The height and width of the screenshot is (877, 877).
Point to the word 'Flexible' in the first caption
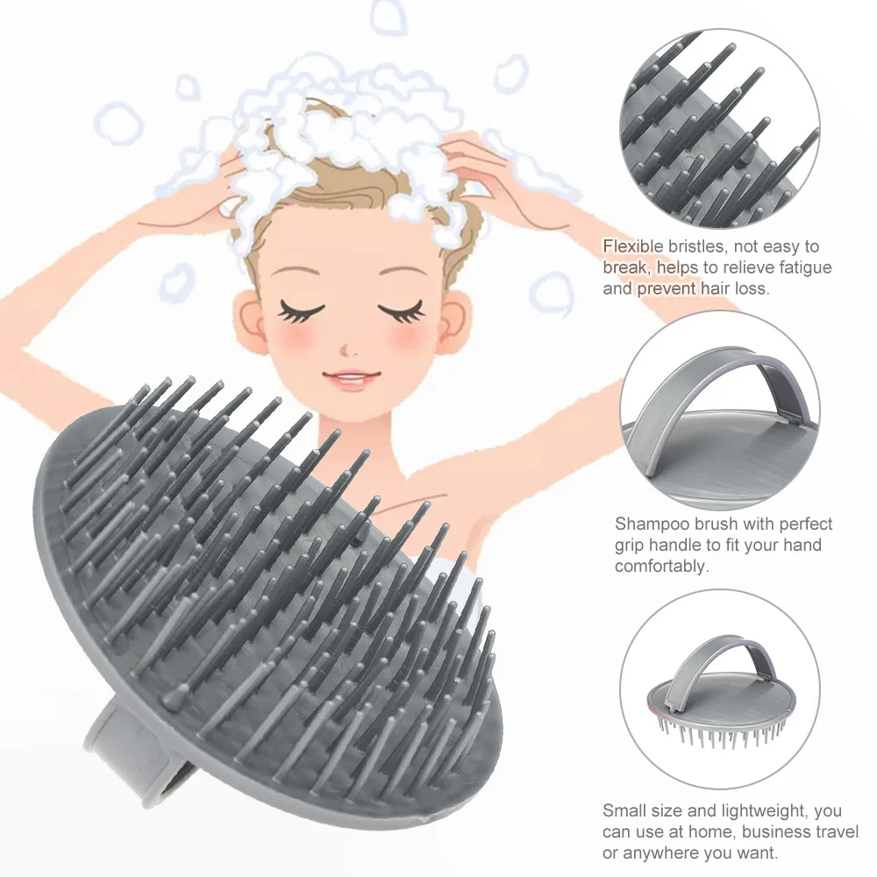pyautogui.click(x=630, y=246)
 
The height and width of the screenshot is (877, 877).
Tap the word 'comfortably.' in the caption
pyautogui.click(x=660, y=567)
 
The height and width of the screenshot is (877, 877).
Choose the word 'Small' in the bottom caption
pyautogui.click(x=624, y=811)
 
